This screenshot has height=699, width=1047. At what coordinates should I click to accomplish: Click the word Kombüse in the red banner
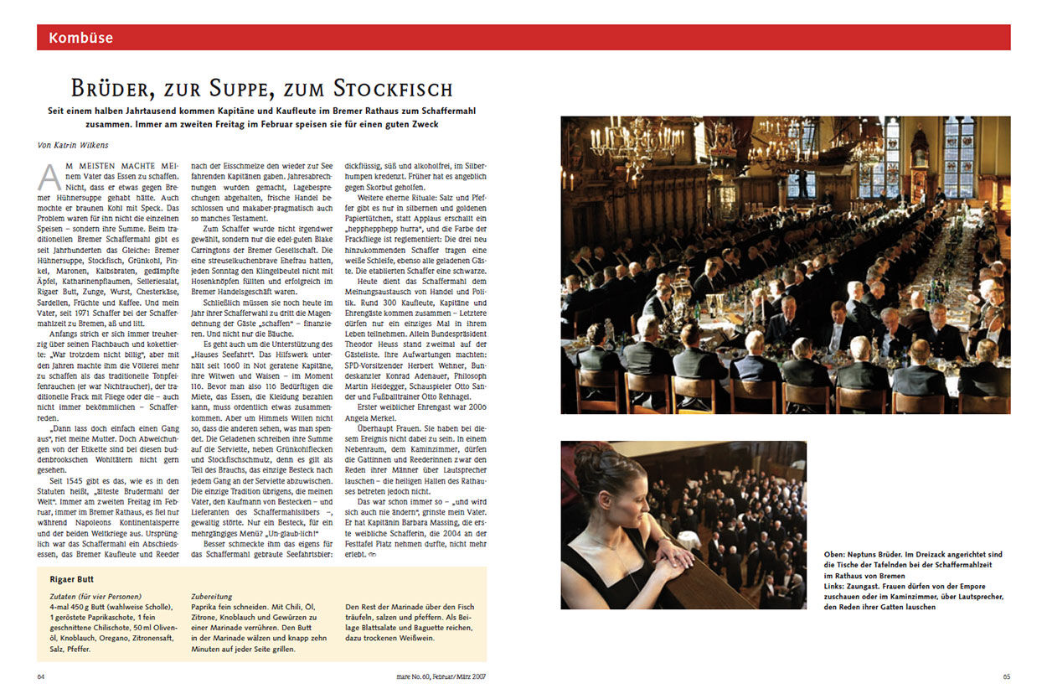80,38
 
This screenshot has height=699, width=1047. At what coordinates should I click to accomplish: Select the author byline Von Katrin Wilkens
74,144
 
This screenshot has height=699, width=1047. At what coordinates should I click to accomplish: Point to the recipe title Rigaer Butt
71,579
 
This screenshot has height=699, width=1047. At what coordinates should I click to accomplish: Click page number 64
41,676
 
